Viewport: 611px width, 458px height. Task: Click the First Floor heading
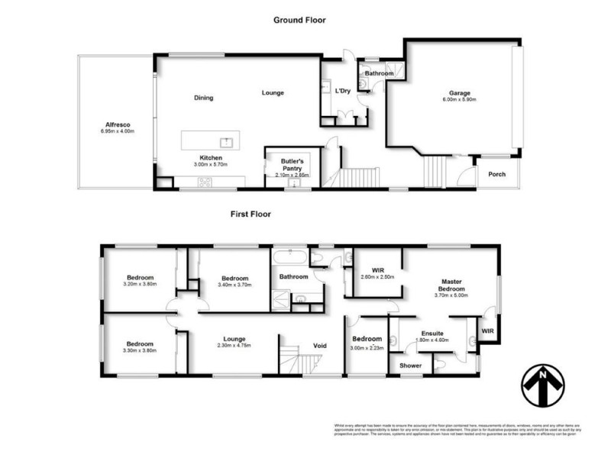point(251,214)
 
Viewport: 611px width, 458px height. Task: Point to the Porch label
point(497,174)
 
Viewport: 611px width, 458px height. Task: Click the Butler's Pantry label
point(290,165)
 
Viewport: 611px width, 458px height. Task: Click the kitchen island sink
point(226,141)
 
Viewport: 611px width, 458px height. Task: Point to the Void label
point(320,346)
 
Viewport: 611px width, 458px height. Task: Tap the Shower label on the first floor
point(411,366)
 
